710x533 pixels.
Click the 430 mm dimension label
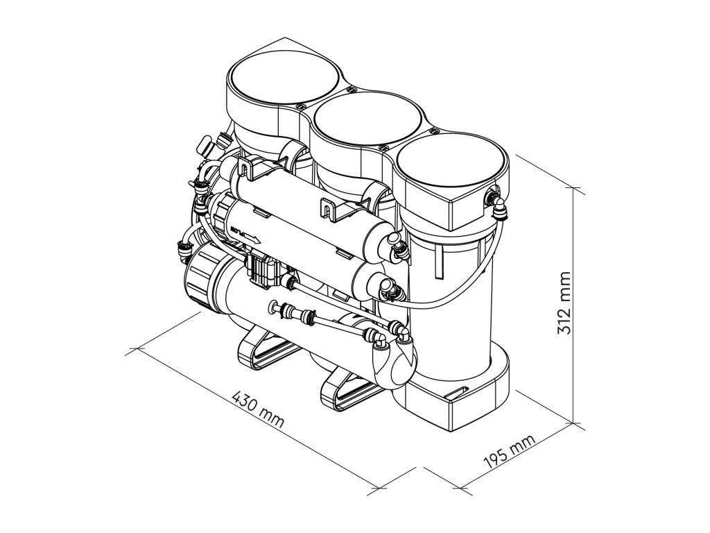pyautogui.click(x=258, y=410)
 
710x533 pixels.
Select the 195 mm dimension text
pyautogui.click(x=509, y=452)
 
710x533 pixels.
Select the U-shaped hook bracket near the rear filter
pyautogui.click(x=244, y=167)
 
